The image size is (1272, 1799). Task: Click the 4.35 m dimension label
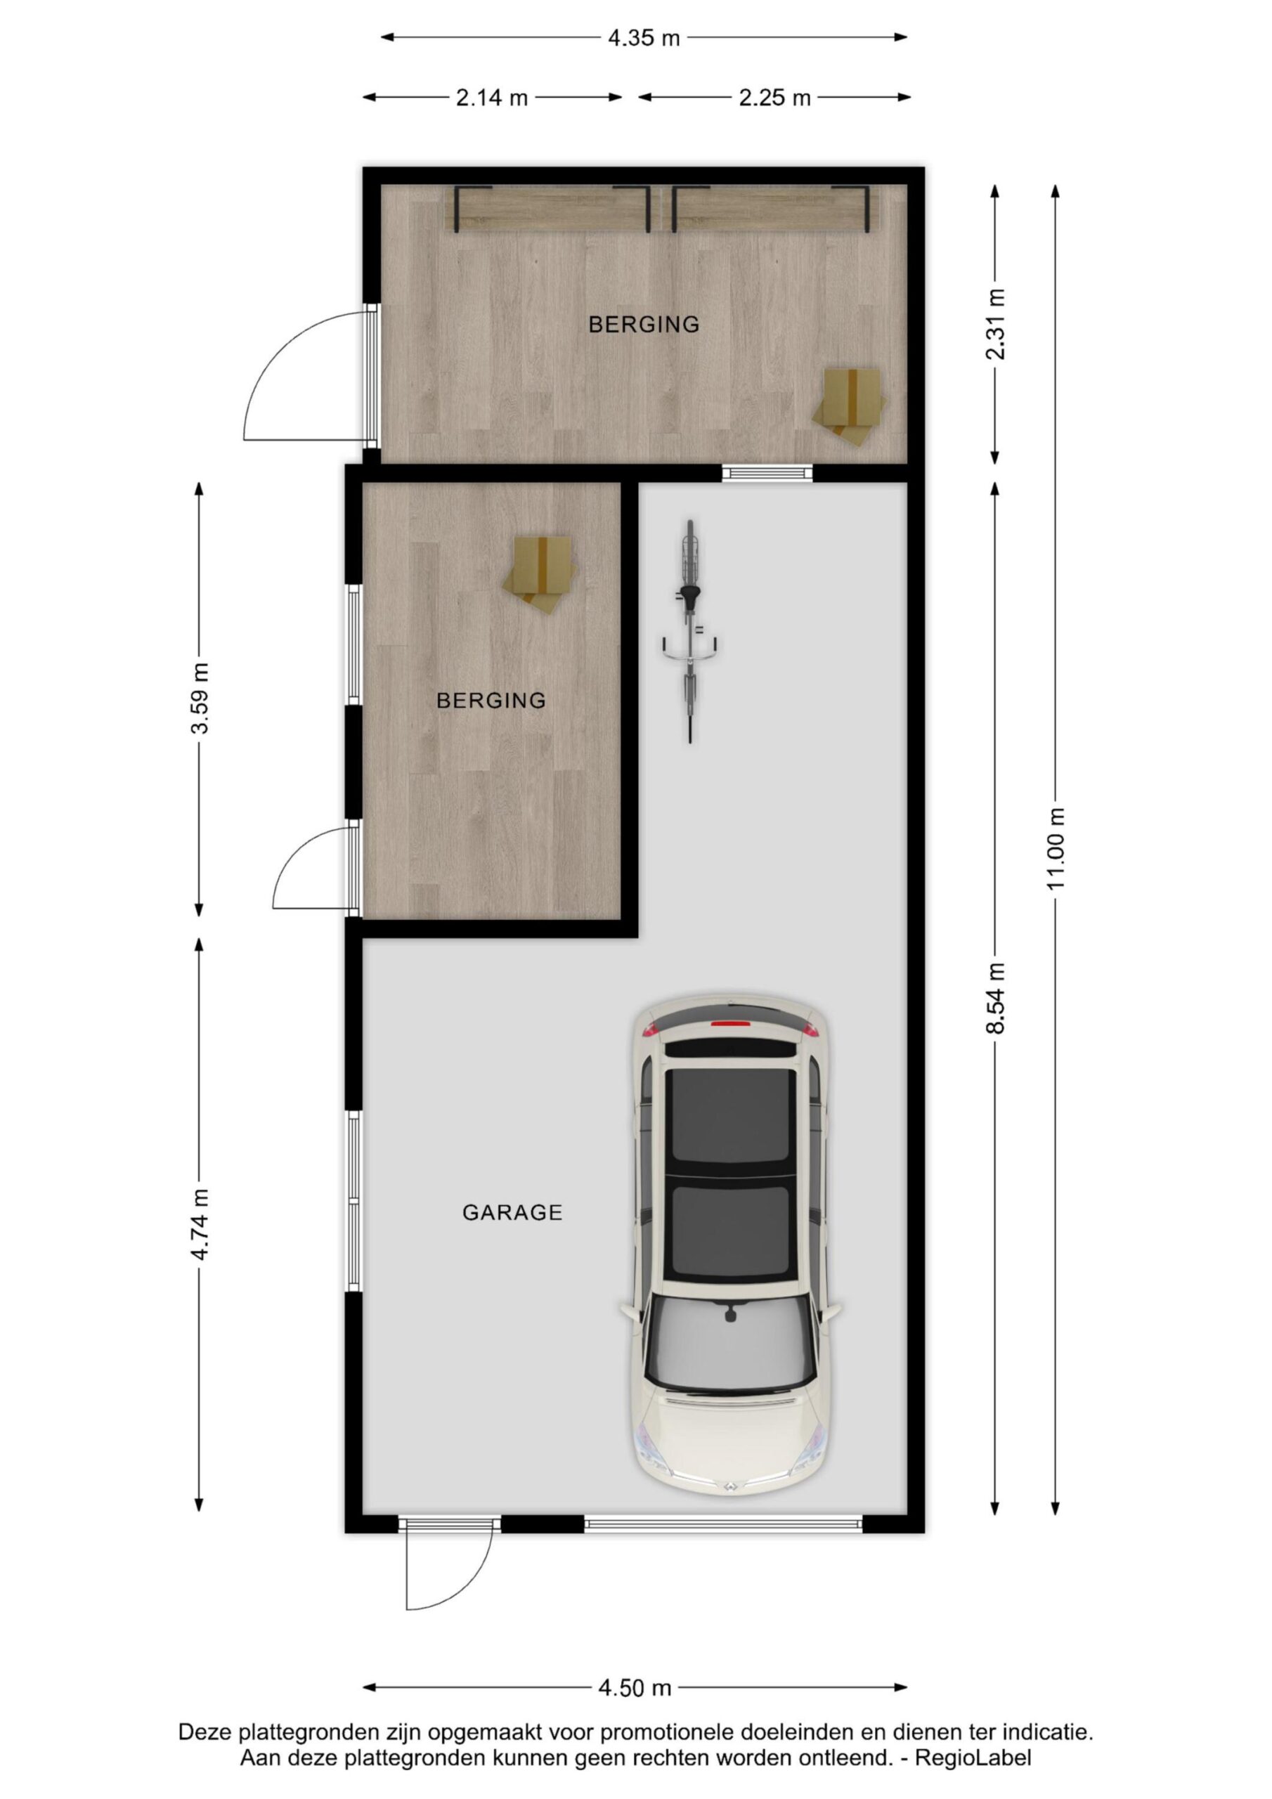click(644, 38)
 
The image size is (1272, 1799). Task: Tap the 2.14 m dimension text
click(492, 98)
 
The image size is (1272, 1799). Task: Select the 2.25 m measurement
click(774, 98)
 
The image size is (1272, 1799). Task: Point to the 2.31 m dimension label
click(995, 323)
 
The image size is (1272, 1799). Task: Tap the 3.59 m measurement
click(200, 698)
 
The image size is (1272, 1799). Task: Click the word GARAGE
click(512, 1213)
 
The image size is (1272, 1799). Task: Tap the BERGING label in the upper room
click(644, 323)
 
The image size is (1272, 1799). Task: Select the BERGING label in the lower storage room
click(491, 701)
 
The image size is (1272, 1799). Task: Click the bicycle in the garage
click(689, 631)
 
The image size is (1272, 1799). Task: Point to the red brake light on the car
click(729, 1023)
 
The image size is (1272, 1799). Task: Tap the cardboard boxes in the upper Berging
click(850, 406)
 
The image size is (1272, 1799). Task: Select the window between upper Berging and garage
click(767, 472)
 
